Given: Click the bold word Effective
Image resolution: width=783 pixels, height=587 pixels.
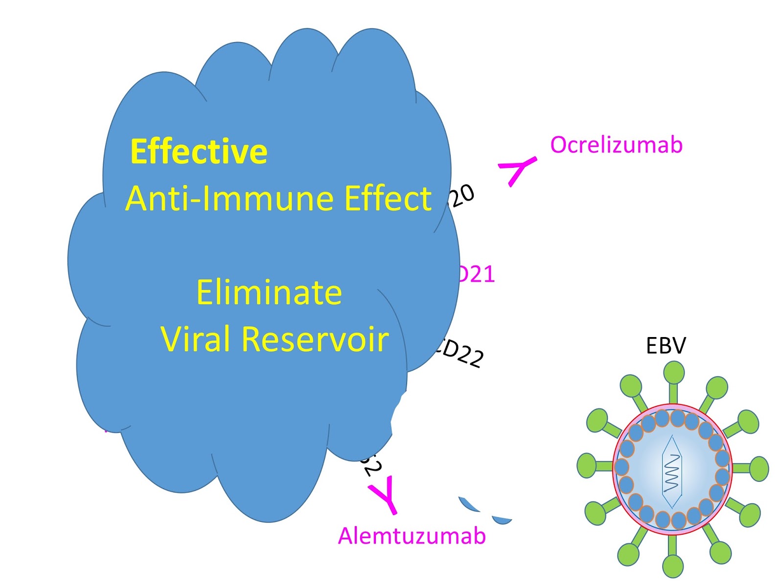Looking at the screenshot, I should tap(199, 152).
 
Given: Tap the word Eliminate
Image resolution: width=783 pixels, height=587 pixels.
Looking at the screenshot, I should tap(269, 293).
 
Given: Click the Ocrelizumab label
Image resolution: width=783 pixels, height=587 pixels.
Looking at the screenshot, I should tap(616, 145).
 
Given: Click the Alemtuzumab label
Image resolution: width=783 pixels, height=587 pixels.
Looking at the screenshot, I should tap(412, 536).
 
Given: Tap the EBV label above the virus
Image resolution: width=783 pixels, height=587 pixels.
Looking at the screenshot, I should tap(666, 346).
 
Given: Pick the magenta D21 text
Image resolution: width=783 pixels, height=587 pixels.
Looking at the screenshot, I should tap(477, 274).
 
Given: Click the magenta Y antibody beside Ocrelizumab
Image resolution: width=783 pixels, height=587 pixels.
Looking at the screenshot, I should tap(516, 170).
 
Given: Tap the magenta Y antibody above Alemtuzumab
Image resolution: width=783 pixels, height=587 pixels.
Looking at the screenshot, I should tap(385, 494).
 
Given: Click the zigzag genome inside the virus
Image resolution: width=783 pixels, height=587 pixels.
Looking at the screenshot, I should tap(672, 473).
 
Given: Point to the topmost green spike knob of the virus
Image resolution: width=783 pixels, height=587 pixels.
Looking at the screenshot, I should tap(674, 373).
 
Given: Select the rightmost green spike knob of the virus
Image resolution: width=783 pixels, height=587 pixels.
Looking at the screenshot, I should tap(759, 469).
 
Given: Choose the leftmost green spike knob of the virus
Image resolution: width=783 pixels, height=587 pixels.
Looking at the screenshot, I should tap(586, 465).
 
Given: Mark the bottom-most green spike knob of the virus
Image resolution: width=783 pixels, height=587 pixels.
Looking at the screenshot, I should tap(672, 566).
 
